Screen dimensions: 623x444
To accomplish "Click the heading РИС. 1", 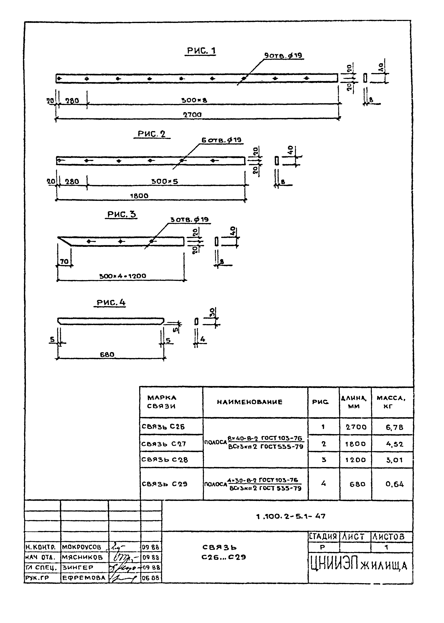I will coord(201,51).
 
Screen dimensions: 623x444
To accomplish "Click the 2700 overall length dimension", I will coord(192,115).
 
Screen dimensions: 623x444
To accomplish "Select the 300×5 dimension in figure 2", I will coord(165,181).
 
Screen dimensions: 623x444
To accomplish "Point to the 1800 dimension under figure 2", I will coord(139,196).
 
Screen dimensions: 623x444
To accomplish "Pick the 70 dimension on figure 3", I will coord(64,262).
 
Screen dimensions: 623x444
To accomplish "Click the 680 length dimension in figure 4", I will coord(107,354).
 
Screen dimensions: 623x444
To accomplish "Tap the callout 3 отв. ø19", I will coord(189,220).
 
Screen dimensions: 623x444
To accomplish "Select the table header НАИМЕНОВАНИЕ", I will coord(250,402).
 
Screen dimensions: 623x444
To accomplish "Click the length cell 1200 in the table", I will coord(355,460).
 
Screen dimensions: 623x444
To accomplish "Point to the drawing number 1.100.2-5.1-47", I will coord(291,516).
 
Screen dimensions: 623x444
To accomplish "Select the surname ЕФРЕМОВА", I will coord(84,578).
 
